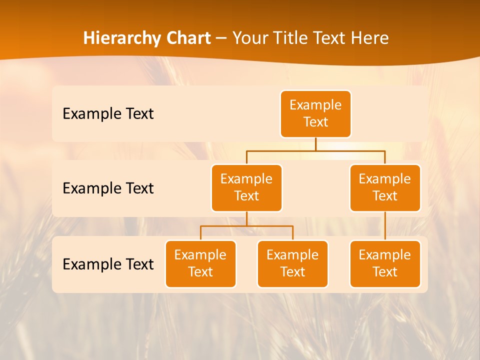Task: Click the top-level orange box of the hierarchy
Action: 315,114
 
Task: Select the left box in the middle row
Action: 246,188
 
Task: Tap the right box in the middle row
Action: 385,188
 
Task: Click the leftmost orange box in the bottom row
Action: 200,264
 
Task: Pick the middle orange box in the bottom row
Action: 292,264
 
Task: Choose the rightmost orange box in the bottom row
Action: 385,264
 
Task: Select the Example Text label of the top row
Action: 108,113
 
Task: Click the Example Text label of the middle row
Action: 108,188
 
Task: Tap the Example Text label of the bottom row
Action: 108,264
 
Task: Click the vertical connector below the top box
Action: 315,144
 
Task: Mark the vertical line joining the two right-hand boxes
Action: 385,226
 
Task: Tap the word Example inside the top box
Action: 315,105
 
